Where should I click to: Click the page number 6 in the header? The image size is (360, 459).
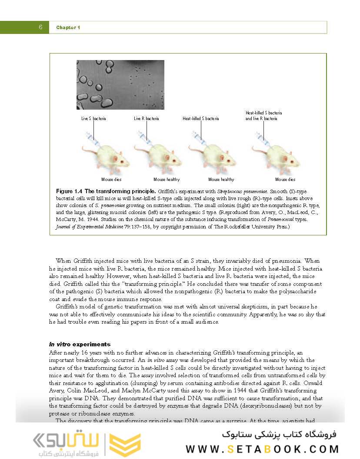click(40, 27)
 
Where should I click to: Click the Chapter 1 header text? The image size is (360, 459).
click(68, 28)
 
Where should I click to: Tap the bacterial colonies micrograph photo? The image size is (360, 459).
click(120, 84)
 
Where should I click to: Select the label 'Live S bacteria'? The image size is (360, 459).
click(93, 118)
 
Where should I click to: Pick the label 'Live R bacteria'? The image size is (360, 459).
click(147, 118)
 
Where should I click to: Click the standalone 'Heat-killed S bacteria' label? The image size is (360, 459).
click(201, 118)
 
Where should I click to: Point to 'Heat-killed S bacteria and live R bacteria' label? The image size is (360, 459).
click(263, 116)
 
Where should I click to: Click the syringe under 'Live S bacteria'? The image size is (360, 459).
click(92, 140)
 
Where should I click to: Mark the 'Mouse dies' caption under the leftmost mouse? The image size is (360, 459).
click(111, 179)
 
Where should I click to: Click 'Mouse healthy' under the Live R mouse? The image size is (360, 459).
click(167, 179)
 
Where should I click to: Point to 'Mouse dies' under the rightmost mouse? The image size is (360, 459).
click(285, 179)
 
